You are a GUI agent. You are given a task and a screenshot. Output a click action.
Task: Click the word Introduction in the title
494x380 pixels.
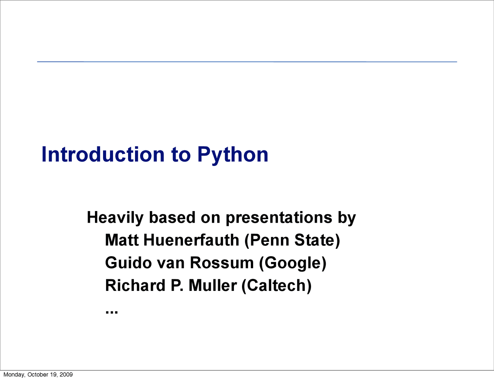click(x=103, y=154)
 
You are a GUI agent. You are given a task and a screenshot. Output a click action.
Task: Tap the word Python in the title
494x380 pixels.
click(x=232, y=155)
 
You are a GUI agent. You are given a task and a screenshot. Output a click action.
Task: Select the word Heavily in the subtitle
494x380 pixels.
click(x=115, y=218)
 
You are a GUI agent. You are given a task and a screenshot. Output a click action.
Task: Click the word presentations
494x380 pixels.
click(x=279, y=218)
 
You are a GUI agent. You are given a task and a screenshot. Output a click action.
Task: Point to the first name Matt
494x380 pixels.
click(x=122, y=240)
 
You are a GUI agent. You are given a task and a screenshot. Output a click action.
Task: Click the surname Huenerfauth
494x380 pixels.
click(x=191, y=240)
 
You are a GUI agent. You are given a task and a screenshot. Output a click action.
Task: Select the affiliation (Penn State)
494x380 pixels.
click(x=292, y=240)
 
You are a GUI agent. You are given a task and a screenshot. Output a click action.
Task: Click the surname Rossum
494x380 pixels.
click(x=222, y=263)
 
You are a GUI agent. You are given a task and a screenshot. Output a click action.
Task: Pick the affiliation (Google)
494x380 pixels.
click(x=293, y=263)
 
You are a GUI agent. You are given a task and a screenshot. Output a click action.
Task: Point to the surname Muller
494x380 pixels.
click(x=213, y=286)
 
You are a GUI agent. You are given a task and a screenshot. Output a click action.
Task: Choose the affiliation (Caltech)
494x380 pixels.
click(x=276, y=286)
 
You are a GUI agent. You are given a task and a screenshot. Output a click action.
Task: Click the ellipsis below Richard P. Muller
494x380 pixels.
click(x=112, y=311)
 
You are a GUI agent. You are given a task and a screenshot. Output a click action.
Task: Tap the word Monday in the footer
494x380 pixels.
click(x=14, y=375)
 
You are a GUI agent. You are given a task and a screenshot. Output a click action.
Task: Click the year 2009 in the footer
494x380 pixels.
click(x=66, y=375)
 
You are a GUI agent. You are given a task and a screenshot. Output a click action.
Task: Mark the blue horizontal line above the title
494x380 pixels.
click(x=247, y=62)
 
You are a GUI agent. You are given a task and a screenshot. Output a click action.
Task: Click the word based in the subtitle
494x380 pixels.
click(x=172, y=218)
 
